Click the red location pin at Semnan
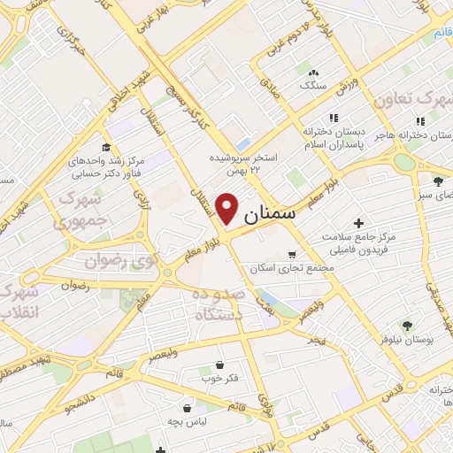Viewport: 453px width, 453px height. (x=228, y=208)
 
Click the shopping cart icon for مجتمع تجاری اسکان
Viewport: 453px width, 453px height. (x=292, y=255)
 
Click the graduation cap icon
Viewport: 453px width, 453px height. (x=105, y=147)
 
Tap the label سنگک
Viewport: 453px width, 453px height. (x=312, y=87)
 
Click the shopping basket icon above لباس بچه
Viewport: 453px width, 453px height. (x=188, y=408)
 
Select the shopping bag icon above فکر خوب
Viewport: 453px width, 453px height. (x=219, y=365)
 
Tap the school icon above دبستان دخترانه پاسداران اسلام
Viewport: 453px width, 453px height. (x=334, y=118)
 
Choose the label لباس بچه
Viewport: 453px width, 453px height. (x=189, y=422)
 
